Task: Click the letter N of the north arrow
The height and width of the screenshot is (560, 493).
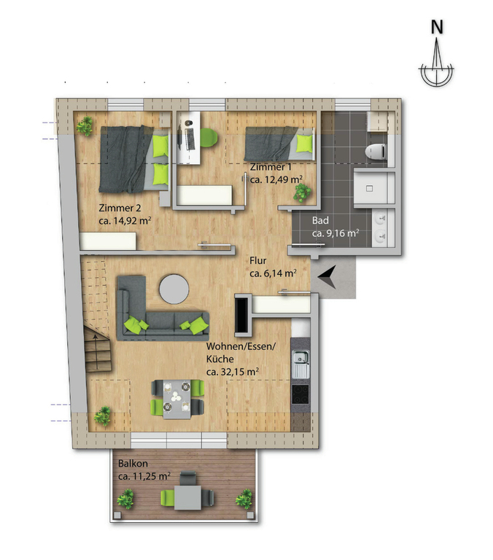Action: point(437,27)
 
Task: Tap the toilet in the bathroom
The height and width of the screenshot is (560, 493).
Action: point(376,152)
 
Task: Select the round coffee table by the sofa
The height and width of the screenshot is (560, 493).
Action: point(174,289)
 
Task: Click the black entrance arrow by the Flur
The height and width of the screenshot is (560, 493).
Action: point(327,277)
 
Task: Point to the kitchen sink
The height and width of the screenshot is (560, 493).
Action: point(300,365)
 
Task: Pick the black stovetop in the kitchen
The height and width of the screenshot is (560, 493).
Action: point(300,394)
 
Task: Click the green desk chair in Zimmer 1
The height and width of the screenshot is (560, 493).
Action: point(209,138)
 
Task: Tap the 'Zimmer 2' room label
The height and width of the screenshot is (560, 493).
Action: point(120,208)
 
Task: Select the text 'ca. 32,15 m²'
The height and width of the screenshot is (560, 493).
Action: point(233,372)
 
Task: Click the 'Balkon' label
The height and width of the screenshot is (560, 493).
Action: point(133,464)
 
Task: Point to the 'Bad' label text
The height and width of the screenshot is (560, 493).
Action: point(320,221)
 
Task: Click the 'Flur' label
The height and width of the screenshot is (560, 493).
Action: point(258,261)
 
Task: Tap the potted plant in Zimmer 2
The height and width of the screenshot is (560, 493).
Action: point(85,125)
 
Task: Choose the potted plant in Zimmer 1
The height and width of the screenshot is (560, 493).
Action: point(302,192)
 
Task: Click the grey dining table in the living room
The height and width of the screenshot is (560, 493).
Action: point(176,399)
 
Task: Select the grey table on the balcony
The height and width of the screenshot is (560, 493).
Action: point(188,498)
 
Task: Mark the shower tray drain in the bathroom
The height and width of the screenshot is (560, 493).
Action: point(370,188)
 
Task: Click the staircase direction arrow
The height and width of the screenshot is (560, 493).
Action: point(96,352)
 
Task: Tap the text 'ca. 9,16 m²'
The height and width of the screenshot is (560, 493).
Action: point(335,233)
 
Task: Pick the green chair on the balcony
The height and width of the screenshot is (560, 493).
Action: point(167,498)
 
